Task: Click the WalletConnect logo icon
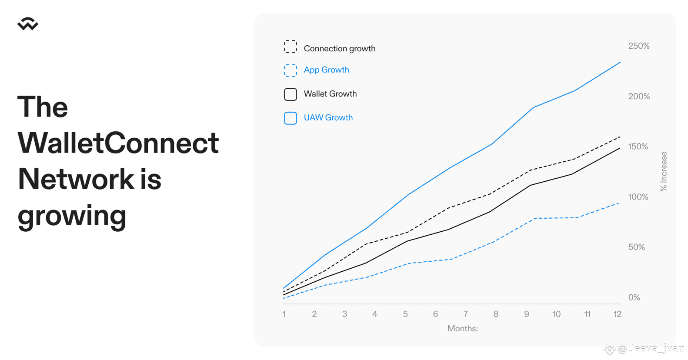(28, 24)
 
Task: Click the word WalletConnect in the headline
(118, 143)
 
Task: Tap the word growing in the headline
(72, 216)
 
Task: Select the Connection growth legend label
(339, 49)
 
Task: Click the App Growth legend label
(327, 70)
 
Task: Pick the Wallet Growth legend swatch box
(290, 94)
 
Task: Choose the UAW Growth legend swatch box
(290, 118)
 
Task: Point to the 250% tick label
(639, 46)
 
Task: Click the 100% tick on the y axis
(638, 197)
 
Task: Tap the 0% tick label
(634, 297)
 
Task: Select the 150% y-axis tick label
(638, 147)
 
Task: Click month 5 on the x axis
(405, 314)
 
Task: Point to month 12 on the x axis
(618, 314)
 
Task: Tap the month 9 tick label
(527, 314)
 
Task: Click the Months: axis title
(463, 328)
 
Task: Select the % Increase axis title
(664, 171)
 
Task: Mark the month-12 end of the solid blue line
(620, 62)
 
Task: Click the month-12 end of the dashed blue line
(618, 203)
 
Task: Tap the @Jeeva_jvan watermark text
(651, 349)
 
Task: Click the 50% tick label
(636, 247)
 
